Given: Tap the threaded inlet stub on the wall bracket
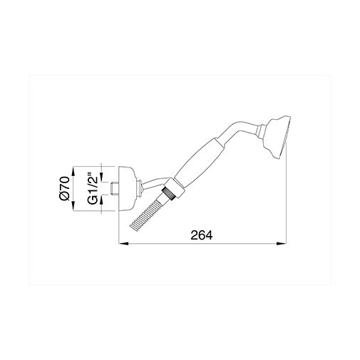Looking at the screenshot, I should coord(115,187).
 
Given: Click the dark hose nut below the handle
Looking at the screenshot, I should coord(170,191).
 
